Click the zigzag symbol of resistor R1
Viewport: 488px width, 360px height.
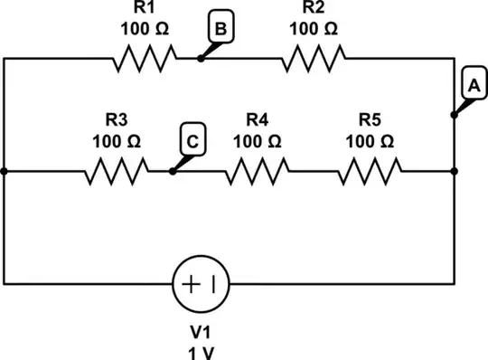[x=143, y=60]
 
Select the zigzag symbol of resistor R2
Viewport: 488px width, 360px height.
[x=314, y=60]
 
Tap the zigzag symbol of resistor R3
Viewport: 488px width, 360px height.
[x=117, y=170]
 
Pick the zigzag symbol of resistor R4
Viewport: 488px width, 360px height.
[x=258, y=170]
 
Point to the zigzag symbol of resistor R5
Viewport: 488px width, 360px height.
[x=370, y=170]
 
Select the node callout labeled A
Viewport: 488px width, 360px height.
[x=471, y=86]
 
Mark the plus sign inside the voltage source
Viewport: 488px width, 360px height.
[x=192, y=282]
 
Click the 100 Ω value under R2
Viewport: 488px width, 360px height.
[x=314, y=28]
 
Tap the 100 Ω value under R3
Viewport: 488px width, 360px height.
[x=117, y=141]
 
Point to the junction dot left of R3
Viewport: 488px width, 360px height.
[x=5, y=170]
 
